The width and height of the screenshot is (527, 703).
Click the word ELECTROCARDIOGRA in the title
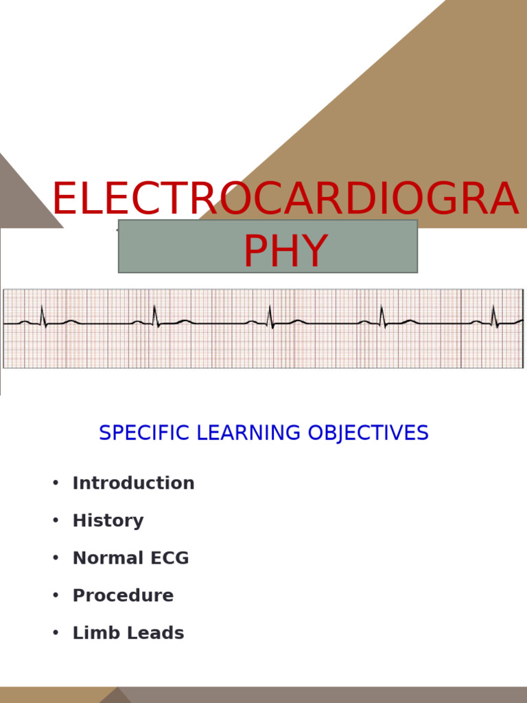(284, 200)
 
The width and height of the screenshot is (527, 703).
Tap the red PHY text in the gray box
(285, 252)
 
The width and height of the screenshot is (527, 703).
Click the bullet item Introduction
(133, 483)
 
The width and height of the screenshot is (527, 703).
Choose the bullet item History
(108, 521)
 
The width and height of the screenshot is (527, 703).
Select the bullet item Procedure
(123, 596)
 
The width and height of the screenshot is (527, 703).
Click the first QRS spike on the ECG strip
(43, 315)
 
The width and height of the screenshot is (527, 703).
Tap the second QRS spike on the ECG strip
(154, 315)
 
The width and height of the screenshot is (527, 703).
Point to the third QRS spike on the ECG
(270, 315)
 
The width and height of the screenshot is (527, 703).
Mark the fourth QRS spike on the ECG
(382, 315)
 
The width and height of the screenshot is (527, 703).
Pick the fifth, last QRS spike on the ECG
(494, 315)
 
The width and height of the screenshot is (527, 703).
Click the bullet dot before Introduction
(56, 483)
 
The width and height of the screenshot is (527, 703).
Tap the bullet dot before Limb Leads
(56, 633)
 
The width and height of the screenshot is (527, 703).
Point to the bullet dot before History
(56, 521)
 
